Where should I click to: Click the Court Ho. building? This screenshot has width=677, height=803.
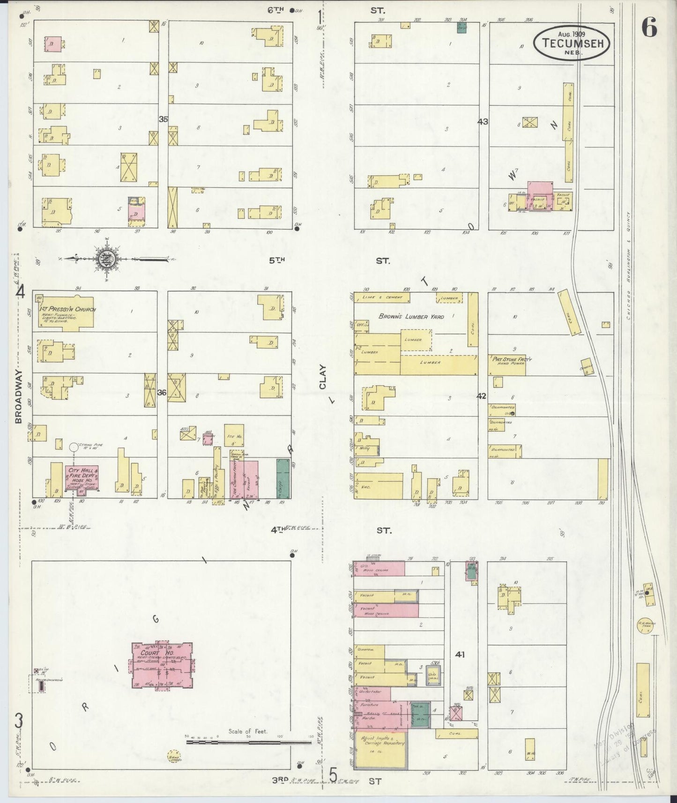pos(162,665)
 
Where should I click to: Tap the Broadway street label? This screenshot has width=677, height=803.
pos(19,396)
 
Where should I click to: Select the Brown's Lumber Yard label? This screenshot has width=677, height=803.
pos(411,317)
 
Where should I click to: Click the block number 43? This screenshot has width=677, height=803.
pos(483,122)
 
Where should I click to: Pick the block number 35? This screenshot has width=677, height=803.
pos(163,119)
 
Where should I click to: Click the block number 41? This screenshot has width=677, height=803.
pos(460,655)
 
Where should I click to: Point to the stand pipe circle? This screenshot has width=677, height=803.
pos(73,447)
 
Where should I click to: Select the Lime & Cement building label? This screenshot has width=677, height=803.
pos(382,297)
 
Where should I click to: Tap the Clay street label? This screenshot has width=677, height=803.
pos(322,377)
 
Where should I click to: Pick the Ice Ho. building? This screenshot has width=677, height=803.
pos(232,436)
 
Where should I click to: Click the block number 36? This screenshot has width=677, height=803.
pos(161,393)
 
